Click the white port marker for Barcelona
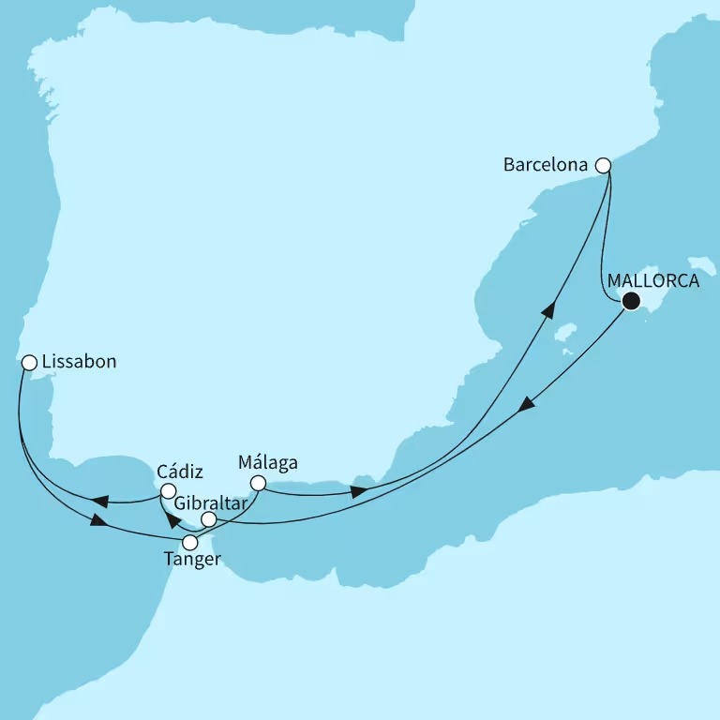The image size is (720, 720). tap(604, 165)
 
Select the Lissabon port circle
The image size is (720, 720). tap(28, 362)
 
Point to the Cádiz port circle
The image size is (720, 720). tap(167, 491)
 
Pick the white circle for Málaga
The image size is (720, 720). tap(258, 484)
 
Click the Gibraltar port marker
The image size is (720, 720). tap(209, 518)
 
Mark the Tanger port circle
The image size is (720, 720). tap(190, 542)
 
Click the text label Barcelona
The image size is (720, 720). tap(546, 165)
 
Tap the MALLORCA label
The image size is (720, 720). tap(652, 280)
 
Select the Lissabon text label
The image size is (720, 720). tap(79, 362)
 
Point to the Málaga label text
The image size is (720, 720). tap(268, 462)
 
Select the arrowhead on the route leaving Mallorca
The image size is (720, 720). tap(527, 404)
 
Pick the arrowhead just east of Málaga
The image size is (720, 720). tap(357, 491)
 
